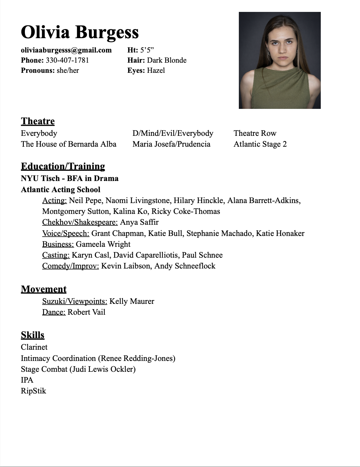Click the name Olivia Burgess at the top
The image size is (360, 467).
(x=80, y=32)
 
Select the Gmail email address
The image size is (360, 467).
(x=66, y=50)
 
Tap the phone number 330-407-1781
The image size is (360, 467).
(x=67, y=60)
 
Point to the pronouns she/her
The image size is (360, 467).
(x=68, y=70)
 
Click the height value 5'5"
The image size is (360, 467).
(x=147, y=50)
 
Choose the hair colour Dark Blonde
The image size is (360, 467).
(x=167, y=60)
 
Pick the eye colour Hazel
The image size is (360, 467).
(x=156, y=70)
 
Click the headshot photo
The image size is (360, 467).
(x=279, y=60)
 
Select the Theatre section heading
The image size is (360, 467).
(x=38, y=121)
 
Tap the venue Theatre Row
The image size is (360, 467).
(x=255, y=133)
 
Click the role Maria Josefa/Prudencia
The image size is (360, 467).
(x=171, y=144)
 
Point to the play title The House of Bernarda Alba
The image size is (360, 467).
(x=69, y=144)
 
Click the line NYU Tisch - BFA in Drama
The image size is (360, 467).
(x=70, y=179)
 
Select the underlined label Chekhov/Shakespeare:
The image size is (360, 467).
(x=80, y=222)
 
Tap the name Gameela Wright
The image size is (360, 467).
(x=103, y=244)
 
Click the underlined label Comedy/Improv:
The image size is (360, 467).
(x=70, y=266)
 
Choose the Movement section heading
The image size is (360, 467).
(x=44, y=289)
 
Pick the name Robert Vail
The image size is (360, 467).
(x=86, y=312)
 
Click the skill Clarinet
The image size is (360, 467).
(x=34, y=347)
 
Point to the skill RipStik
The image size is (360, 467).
(x=33, y=391)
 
